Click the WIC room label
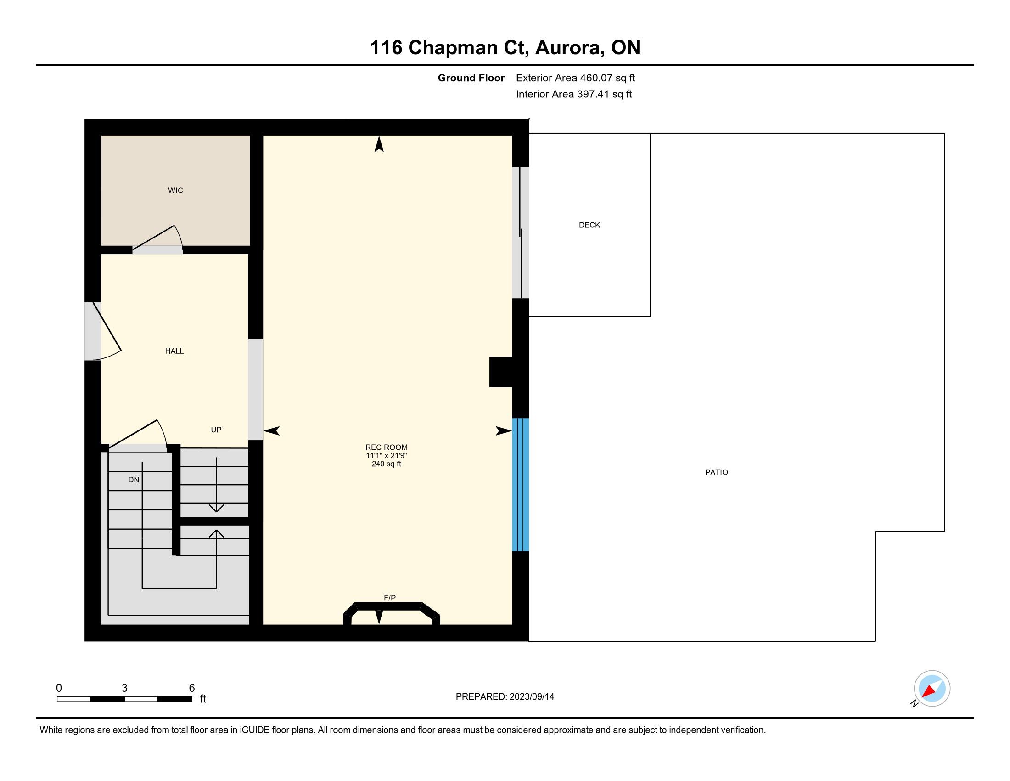point(175,191)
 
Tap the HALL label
point(174,351)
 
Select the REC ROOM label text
point(387,447)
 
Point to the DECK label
point(589,225)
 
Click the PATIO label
point(716,472)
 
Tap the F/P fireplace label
point(390,598)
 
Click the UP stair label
point(216,430)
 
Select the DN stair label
point(134,480)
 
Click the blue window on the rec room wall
point(520,485)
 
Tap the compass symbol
point(931,689)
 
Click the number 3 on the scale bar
point(124,688)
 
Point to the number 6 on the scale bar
point(192,688)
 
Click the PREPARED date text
point(505,696)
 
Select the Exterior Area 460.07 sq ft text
point(575,78)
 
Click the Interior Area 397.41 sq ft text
point(574,94)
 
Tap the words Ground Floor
point(471,78)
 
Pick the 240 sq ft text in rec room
point(387,464)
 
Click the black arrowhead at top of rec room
point(379,144)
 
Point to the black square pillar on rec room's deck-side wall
point(501,372)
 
